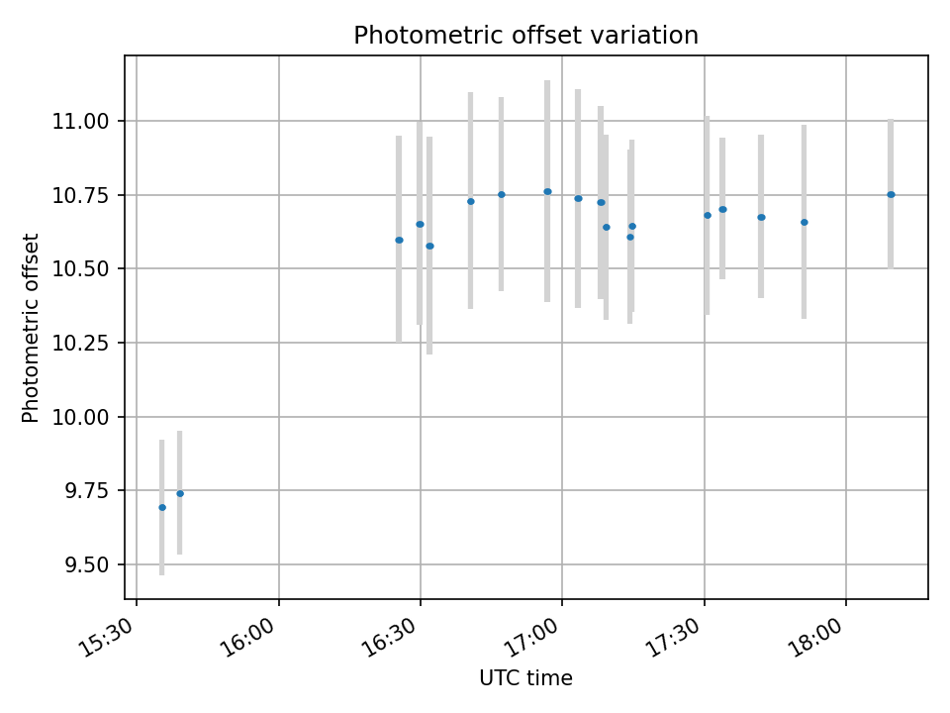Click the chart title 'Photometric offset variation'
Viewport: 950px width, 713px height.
pyautogui.click(x=525, y=36)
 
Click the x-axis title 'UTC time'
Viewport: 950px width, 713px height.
pyautogui.click(x=525, y=678)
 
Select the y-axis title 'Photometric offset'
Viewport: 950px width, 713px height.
pyautogui.click(x=31, y=328)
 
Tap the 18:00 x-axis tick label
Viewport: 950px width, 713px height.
pyautogui.click(x=815, y=634)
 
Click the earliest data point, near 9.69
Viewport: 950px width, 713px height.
pyautogui.click(x=162, y=507)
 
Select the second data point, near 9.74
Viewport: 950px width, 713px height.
pyautogui.click(x=180, y=493)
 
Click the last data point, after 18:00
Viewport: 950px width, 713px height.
pyautogui.click(x=891, y=194)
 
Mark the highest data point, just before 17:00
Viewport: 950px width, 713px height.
pyautogui.click(x=547, y=191)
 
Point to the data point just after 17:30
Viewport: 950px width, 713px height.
pyautogui.click(x=708, y=215)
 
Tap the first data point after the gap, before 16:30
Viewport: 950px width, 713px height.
pyautogui.click(x=399, y=240)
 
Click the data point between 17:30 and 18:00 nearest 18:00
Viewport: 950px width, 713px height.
pyautogui.click(x=804, y=222)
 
